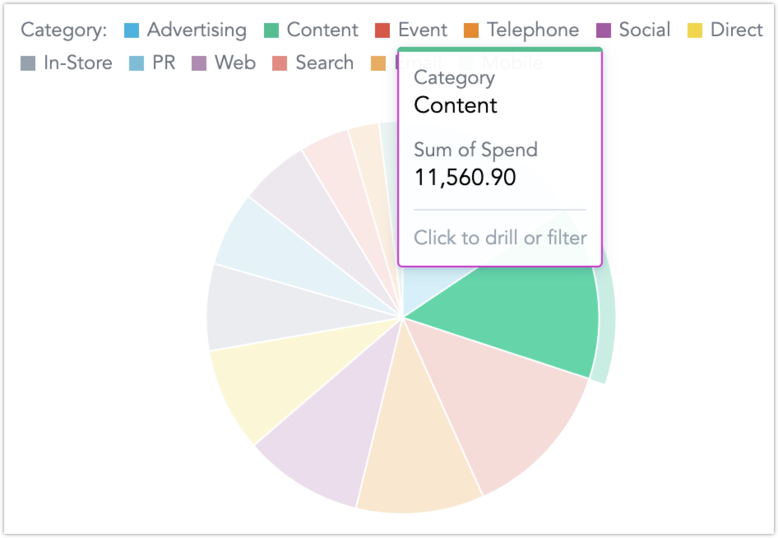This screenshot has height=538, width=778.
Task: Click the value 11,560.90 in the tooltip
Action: click(x=465, y=178)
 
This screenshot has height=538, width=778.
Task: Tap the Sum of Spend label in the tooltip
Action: click(x=475, y=149)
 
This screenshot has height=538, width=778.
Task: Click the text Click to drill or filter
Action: click(x=500, y=238)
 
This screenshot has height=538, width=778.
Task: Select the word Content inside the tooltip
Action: click(x=455, y=105)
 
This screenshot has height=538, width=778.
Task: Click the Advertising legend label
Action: click(x=197, y=30)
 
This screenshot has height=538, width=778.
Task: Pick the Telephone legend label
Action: click(x=533, y=30)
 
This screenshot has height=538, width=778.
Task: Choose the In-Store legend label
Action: click(x=78, y=63)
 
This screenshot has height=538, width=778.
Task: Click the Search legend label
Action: click(x=324, y=63)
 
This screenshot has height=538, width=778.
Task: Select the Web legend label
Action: click(x=235, y=63)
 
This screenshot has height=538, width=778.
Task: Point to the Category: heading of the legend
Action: click(x=64, y=30)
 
